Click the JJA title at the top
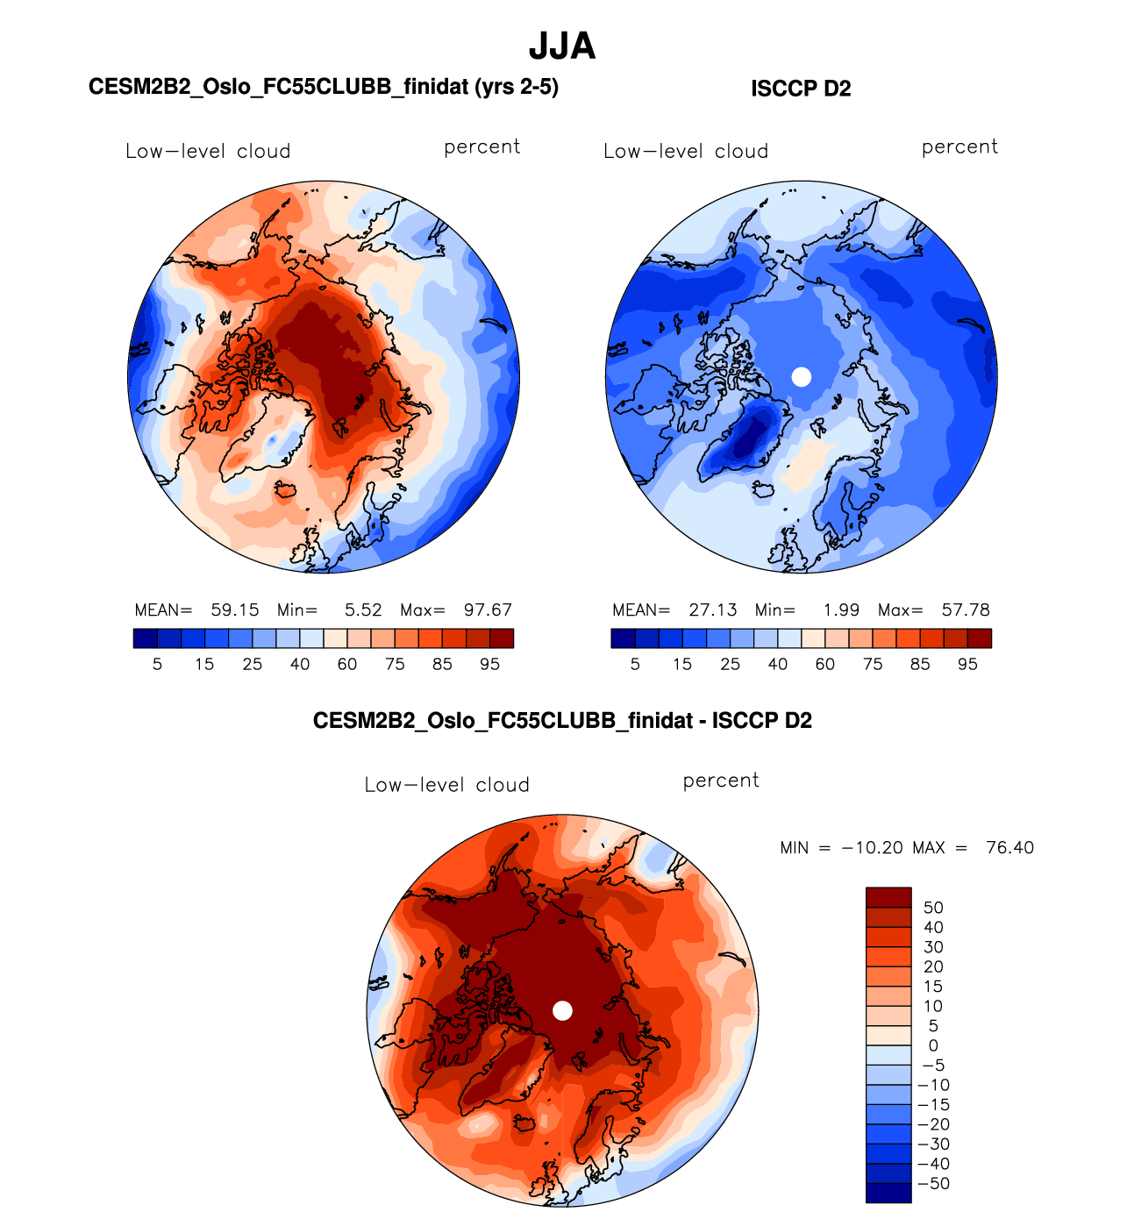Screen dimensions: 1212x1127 pos(562,46)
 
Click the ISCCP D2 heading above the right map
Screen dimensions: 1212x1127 pos(801,89)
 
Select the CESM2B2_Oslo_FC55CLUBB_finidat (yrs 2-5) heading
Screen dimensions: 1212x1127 pos(324,87)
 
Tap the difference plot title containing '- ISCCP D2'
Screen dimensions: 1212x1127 pos(562,721)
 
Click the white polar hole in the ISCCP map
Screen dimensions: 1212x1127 pos(801,377)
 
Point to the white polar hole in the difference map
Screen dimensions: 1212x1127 pos(562,1010)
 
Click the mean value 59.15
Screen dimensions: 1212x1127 pos(235,610)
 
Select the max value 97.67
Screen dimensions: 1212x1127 pos(488,610)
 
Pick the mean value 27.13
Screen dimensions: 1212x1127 pos(713,610)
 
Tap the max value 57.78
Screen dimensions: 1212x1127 pos(966,610)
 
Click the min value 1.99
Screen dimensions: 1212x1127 pos(841,610)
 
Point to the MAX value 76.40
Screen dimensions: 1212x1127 pos(1009,848)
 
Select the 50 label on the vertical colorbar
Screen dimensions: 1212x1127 pos(933,908)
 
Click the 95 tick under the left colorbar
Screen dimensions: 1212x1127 pos(489,665)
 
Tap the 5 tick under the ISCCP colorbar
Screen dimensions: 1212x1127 pos(635,665)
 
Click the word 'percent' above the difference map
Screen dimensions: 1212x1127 pos(721,781)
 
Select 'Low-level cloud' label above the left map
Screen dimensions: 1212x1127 pos(208,151)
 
